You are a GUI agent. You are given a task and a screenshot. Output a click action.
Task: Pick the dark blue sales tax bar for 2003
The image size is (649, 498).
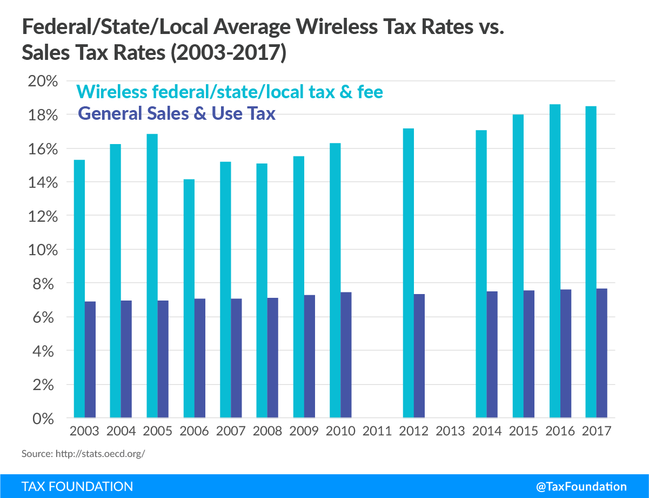[90, 359]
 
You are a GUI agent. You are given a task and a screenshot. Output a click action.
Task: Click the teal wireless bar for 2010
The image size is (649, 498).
[335, 281]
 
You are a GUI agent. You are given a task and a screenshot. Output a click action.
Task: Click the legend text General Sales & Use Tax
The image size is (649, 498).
[177, 114]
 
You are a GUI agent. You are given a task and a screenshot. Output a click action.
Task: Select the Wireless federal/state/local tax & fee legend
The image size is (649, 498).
[230, 92]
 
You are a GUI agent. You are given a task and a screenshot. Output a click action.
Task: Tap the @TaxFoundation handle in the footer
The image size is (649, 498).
[581, 486]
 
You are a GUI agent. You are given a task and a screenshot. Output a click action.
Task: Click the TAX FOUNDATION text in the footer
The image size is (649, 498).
[77, 486]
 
